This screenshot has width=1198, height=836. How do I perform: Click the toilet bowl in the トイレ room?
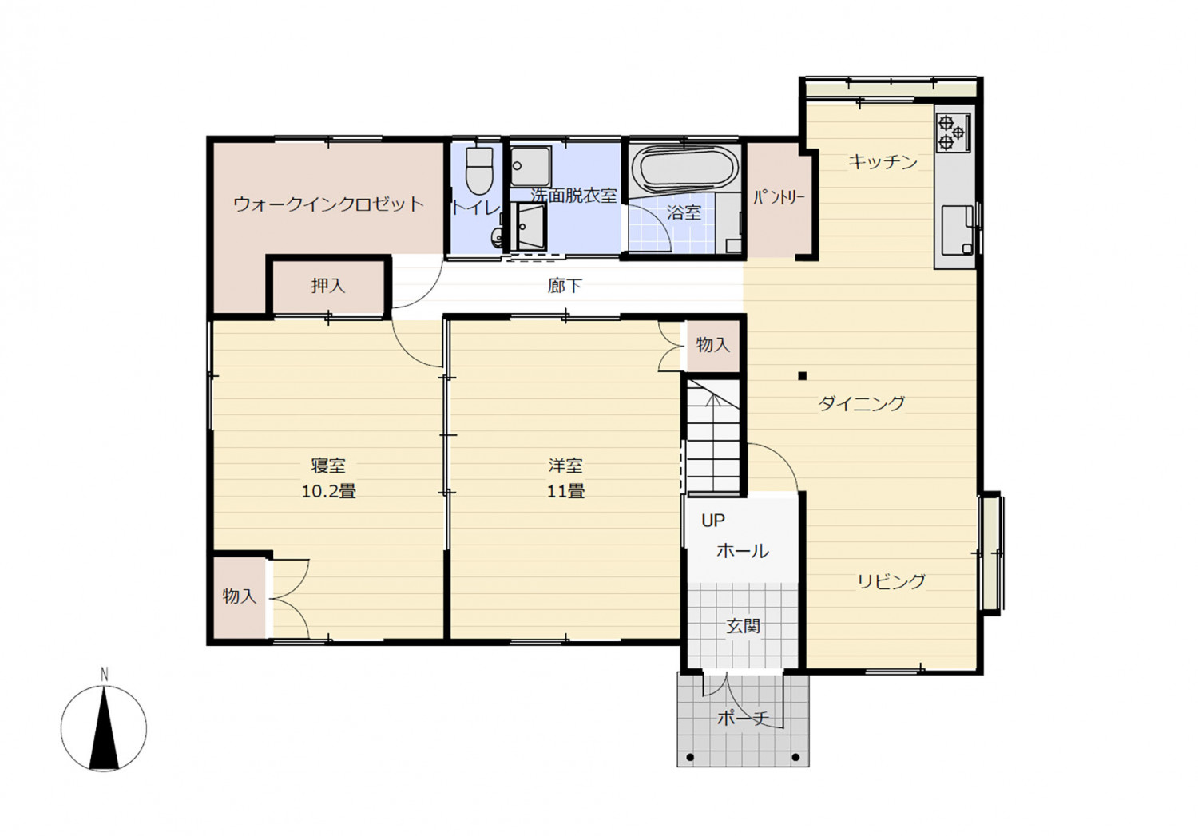(x=479, y=171)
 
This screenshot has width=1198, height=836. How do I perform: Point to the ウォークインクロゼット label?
(x=328, y=204)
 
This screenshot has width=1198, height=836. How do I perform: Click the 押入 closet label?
(x=327, y=286)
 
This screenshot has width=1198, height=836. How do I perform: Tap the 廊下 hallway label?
(x=565, y=286)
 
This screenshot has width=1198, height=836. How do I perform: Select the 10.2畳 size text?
(x=328, y=491)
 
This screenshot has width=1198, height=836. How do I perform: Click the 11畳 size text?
(x=565, y=491)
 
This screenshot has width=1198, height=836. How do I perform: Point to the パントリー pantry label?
(x=779, y=198)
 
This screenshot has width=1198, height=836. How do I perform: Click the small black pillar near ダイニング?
(x=802, y=376)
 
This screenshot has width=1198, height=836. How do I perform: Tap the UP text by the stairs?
(x=713, y=521)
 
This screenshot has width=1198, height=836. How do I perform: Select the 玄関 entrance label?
(x=743, y=626)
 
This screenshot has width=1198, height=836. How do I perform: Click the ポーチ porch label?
(x=743, y=718)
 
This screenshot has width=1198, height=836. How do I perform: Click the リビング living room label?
(x=891, y=581)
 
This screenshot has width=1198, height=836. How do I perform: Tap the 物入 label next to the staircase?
(x=713, y=345)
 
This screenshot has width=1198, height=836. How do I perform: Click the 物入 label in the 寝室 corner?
(x=239, y=596)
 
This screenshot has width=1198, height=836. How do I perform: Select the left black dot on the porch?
(x=690, y=757)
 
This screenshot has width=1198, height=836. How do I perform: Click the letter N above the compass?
(x=105, y=675)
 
